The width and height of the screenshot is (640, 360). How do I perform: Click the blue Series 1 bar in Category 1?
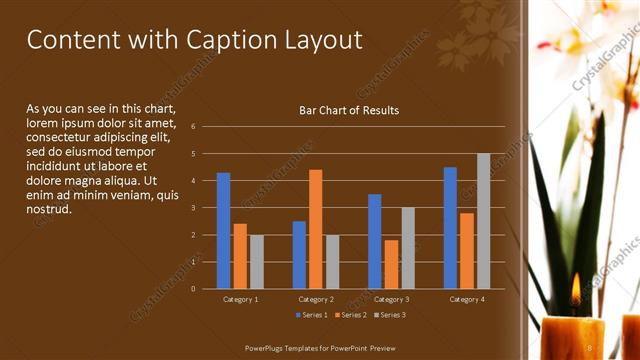click(223, 230)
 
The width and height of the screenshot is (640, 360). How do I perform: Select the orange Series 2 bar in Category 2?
click(315, 229)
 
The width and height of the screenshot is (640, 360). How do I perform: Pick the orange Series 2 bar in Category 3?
click(391, 264)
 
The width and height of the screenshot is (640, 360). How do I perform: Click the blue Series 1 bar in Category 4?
click(450, 227)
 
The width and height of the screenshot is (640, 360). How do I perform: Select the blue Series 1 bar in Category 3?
click(374, 241)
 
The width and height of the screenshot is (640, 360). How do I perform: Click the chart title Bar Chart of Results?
click(349, 110)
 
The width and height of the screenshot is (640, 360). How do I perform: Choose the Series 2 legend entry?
click(350, 315)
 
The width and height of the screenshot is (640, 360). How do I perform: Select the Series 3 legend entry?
click(391, 315)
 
